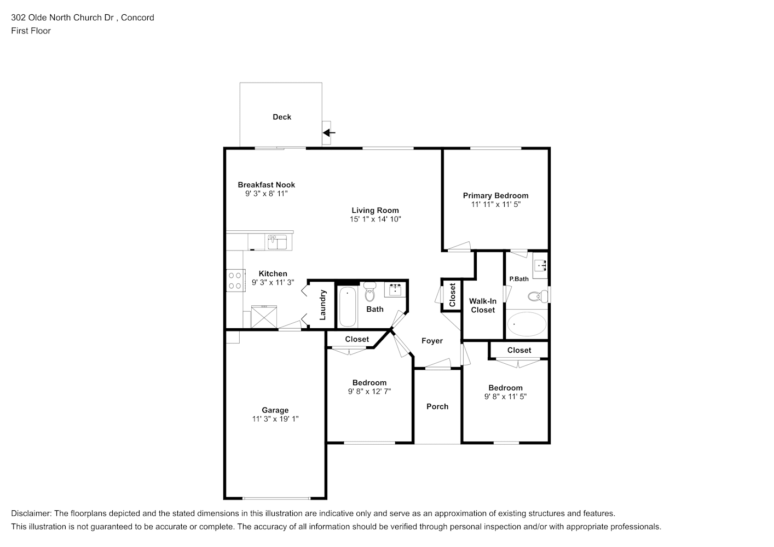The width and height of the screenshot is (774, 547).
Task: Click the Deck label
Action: click(282, 117)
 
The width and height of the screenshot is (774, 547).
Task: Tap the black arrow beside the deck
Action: click(329, 132)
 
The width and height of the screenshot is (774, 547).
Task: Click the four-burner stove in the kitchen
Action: click(236, 281)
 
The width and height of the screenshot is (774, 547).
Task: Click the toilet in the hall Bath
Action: click(369, 292)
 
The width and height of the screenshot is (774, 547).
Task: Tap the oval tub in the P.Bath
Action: click(527, 324)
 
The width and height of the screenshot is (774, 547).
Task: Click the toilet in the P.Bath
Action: click(538, 296)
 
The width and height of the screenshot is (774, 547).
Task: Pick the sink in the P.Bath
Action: click(540, 265)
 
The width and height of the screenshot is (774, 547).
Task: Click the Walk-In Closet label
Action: click(483, 306)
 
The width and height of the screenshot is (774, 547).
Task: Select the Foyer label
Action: click(432, 341)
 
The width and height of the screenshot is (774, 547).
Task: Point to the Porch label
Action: click(437, 406)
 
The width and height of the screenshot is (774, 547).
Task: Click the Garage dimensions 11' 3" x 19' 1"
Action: click(275, 419)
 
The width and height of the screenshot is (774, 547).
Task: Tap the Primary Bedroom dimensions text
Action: click(496, 205)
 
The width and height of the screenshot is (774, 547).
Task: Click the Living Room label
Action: click(376, 210)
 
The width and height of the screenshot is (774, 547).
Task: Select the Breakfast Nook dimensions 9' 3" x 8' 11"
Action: click(267, 194)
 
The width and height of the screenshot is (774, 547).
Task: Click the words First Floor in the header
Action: click(31, 31)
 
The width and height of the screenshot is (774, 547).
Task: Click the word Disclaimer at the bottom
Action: click(31, 514)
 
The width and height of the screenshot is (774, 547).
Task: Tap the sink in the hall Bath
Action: click(395, 290)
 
